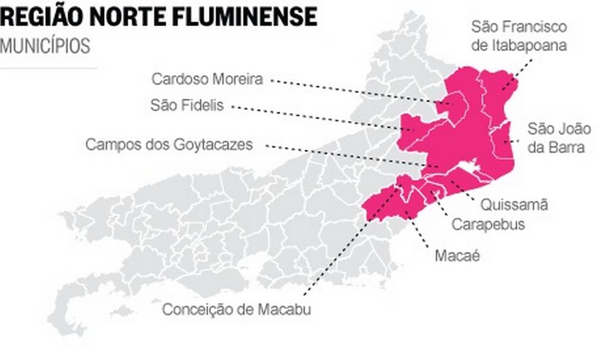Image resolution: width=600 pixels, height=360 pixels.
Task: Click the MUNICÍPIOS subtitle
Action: pos(45,46)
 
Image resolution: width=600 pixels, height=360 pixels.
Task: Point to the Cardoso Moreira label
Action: pos(207,79)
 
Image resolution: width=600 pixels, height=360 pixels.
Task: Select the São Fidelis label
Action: pos(187,105)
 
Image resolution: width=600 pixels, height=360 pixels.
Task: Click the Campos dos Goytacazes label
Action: pos(169,145)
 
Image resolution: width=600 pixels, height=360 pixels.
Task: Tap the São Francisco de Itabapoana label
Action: pos(519,35)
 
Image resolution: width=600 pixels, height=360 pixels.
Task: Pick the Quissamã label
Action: pos(514,205)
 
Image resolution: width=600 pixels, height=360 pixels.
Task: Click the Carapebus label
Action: pos(488,225)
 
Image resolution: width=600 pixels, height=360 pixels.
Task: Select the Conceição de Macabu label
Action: pos(236,310)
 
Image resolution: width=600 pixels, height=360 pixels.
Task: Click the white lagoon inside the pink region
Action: pos(468,166)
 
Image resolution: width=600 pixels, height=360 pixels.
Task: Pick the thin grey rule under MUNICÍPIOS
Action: pos(49,68)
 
